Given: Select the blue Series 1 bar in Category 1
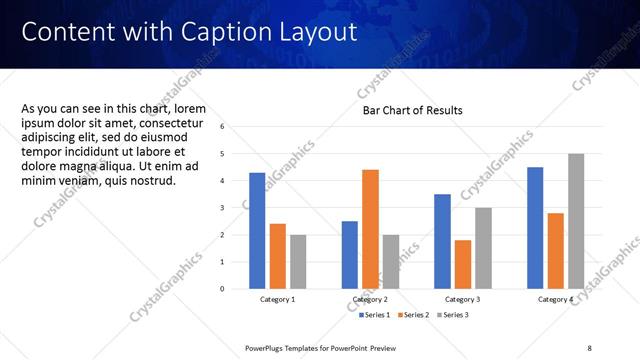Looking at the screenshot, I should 257,230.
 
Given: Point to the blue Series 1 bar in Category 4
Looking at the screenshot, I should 535,227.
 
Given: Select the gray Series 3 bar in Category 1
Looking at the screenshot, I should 298,261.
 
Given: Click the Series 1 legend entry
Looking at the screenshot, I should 376,315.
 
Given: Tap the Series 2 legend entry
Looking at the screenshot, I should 414,315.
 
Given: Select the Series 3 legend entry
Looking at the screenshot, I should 452,315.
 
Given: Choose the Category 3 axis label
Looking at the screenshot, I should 463,299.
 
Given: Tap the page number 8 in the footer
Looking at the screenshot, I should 589,348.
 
